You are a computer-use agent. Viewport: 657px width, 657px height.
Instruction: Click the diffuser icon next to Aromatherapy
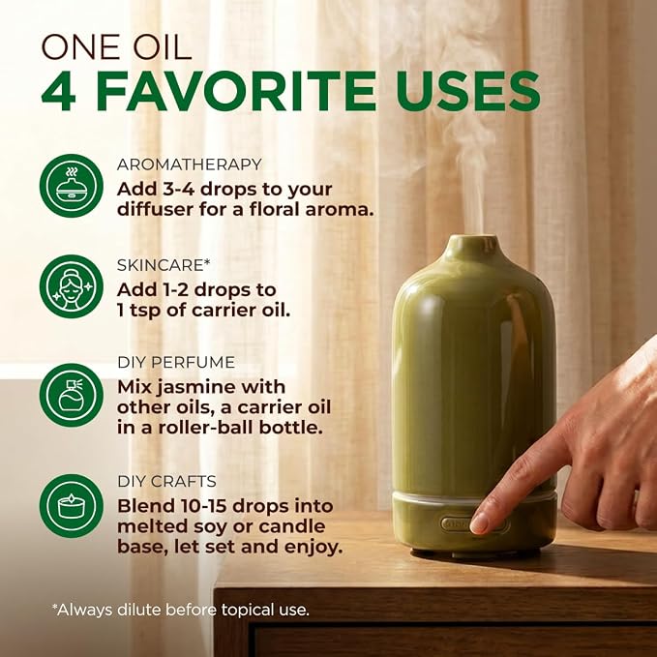[x=72, y=186]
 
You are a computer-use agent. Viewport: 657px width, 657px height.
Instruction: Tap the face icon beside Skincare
[x=72, y=286]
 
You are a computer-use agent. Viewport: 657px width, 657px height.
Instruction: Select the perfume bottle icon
[x=72, y=395]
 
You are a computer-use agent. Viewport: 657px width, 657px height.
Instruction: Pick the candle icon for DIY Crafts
[x=72, y=506]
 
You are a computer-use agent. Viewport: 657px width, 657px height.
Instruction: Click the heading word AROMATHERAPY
[x=190, y=164]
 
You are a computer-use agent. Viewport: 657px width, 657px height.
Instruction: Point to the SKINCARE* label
[x=164, y=265]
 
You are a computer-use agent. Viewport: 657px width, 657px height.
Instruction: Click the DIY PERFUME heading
[x=176, y=363]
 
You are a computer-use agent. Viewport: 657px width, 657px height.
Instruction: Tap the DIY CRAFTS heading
[x=166, y=482]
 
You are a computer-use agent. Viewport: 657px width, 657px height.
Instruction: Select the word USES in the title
[x=465, y=91]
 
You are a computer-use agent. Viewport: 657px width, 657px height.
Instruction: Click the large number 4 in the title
[x=59, y=91]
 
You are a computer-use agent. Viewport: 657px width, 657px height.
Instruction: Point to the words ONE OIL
[x=116, y=46]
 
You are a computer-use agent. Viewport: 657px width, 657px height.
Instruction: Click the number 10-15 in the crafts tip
[x=205, y=506]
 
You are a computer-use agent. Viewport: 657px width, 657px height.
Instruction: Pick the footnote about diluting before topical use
[x=181, y=610]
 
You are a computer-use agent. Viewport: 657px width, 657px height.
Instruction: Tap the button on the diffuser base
[x=473, y=523]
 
